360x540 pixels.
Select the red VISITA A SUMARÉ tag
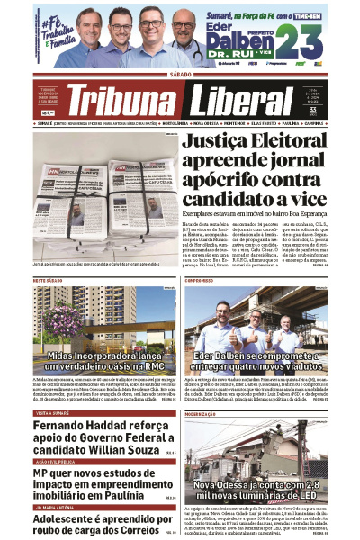[52, 412]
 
